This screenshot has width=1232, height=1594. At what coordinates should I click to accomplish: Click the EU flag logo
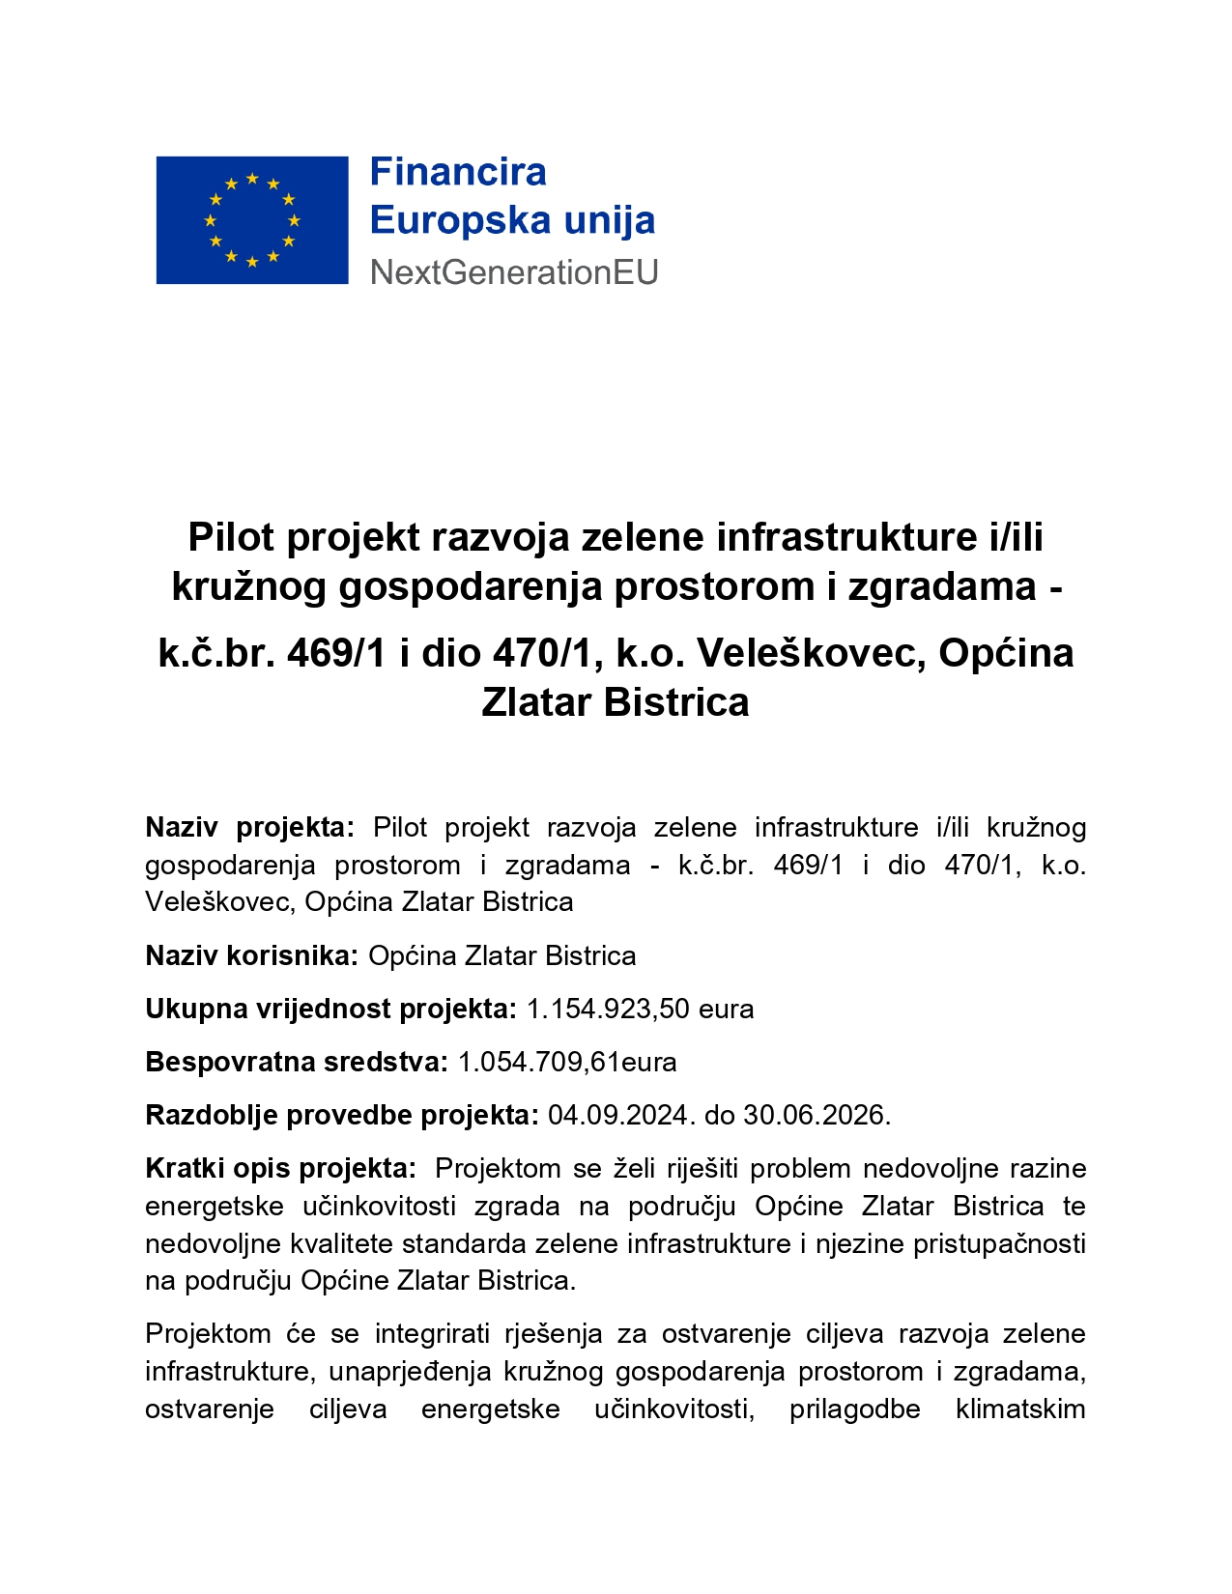pos(252,220)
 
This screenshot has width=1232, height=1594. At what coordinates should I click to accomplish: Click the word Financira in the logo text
pos(458,173)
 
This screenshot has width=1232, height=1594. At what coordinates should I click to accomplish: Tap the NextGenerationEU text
pos(514,273)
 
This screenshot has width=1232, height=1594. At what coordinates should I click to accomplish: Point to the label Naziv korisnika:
pos(251,956)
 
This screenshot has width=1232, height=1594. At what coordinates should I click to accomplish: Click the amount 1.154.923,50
pos(608,1010)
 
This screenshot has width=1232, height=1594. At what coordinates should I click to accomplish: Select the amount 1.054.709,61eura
pos(567,1063)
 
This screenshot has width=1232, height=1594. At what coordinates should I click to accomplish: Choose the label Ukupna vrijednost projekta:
pos(330,1010)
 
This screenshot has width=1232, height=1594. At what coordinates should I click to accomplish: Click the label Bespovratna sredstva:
pos(297,1063)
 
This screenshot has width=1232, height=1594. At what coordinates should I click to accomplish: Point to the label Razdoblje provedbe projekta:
pos(342,1116)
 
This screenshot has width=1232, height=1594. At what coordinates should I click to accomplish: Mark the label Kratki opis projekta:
pos(280,1169)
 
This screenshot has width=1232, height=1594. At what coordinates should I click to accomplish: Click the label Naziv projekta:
pos(250,828)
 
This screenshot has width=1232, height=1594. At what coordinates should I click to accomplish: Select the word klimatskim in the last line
pos(1020,1409)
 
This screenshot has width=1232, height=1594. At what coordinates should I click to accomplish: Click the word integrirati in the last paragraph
pos(431,1334)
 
